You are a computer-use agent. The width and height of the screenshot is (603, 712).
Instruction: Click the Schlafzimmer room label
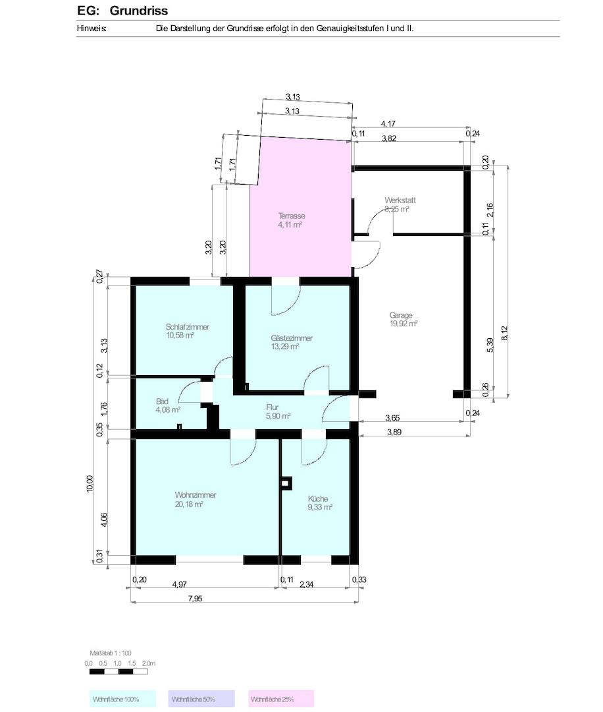187,327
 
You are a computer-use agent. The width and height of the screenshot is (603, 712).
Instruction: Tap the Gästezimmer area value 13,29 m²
285,347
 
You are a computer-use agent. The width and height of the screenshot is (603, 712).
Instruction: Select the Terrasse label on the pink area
292,216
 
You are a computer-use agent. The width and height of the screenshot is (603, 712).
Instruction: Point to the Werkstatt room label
400,200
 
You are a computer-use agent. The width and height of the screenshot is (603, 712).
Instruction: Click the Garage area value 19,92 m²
403,324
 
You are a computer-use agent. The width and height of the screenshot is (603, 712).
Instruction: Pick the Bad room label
162,401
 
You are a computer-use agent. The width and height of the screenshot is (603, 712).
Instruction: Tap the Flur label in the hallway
272,407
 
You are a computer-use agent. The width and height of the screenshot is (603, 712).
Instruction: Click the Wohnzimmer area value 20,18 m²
189,504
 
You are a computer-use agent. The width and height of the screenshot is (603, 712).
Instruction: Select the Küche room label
317,498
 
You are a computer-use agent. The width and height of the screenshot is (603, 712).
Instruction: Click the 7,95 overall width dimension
195,599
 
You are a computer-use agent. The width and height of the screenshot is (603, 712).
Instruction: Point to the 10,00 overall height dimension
90,484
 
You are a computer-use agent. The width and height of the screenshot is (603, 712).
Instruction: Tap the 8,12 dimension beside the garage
505,333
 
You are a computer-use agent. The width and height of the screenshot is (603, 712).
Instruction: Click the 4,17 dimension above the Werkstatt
388,123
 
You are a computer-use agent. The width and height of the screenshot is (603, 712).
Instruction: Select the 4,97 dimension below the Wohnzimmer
180,584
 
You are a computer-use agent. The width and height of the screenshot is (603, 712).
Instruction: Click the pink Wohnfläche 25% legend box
281,699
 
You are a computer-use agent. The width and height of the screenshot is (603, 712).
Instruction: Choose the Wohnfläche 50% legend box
201,699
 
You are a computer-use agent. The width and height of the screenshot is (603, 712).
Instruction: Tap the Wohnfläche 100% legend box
122,699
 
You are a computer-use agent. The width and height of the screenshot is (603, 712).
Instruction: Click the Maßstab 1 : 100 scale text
110,653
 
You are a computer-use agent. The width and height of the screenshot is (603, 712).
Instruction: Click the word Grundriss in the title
139,11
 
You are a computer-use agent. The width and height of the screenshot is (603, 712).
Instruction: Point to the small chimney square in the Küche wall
285,484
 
